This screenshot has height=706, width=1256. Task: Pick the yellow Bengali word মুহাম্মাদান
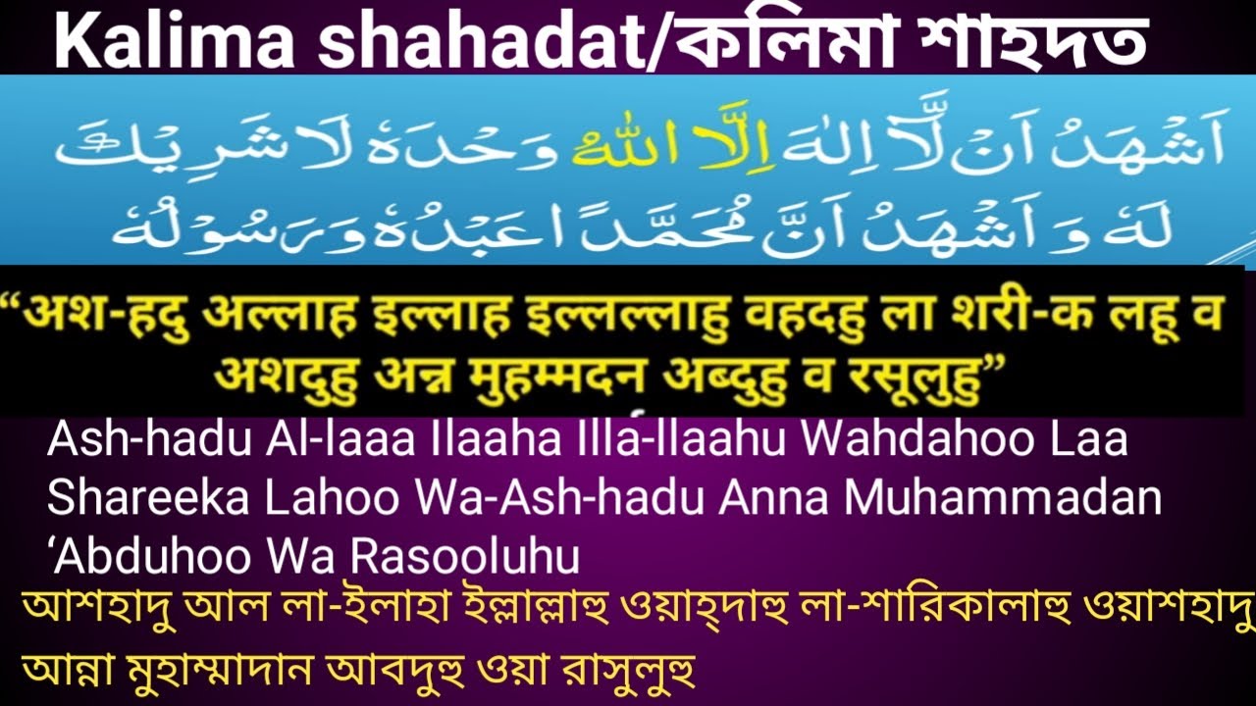[x=215, y=674]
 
